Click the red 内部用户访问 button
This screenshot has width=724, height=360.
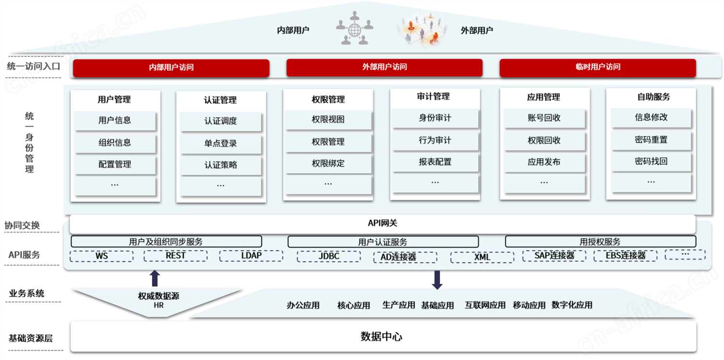pos(171,68)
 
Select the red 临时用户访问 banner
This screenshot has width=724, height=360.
pos(598,67)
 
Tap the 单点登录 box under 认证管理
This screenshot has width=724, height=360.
pos(221,143)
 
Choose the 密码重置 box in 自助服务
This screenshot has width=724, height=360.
pos(651,140)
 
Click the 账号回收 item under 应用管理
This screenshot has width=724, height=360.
pos(544,118)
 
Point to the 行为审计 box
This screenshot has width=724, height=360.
pos(435,140)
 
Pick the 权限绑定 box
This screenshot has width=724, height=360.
pos(328,164)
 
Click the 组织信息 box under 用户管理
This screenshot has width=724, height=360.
pos(115,143)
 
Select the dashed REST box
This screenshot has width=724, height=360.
pos(176,256)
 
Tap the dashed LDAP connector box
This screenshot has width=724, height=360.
pos(251,256)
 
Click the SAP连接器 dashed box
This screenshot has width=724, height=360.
pos(554,256)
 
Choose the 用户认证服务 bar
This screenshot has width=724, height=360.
pos(383,242)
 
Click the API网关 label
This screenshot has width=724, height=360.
pos(382,223)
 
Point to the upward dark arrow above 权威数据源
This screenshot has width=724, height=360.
pos(155,278)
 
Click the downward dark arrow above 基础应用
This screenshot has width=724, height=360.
pos(437,280)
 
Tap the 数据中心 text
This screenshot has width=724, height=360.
pos(381,337)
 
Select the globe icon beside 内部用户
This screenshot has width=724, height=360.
pos(355,30)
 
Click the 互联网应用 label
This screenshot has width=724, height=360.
pos(485,305)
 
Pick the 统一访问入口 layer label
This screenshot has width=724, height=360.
pos(34,67)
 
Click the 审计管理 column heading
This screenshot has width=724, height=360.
pos(433,97)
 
